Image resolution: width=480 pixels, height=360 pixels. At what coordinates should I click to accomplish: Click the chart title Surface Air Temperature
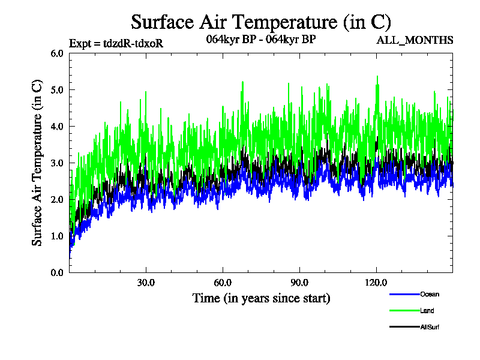click(x=261, y=22)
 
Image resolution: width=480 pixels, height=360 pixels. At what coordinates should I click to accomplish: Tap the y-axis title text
click(x=37, y=163)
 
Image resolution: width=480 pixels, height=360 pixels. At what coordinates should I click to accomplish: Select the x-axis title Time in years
click(x=261, y=298)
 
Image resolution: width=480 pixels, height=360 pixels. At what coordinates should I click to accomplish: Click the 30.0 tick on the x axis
click(x=146, y=283)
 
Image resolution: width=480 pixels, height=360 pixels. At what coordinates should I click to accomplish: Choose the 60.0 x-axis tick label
click(x=223, y=283)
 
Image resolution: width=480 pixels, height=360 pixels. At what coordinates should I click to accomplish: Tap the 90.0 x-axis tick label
click(x=299, y=283)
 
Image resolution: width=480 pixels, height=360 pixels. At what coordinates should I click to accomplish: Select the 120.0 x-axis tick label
click(x=376, y=283)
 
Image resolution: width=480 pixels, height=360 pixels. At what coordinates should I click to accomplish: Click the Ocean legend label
click(x=430, y=294)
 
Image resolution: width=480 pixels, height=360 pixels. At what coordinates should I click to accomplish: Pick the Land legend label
click(x=427, y=311)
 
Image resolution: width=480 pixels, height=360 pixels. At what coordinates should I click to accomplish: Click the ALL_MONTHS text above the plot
click(x=415, y=40)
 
